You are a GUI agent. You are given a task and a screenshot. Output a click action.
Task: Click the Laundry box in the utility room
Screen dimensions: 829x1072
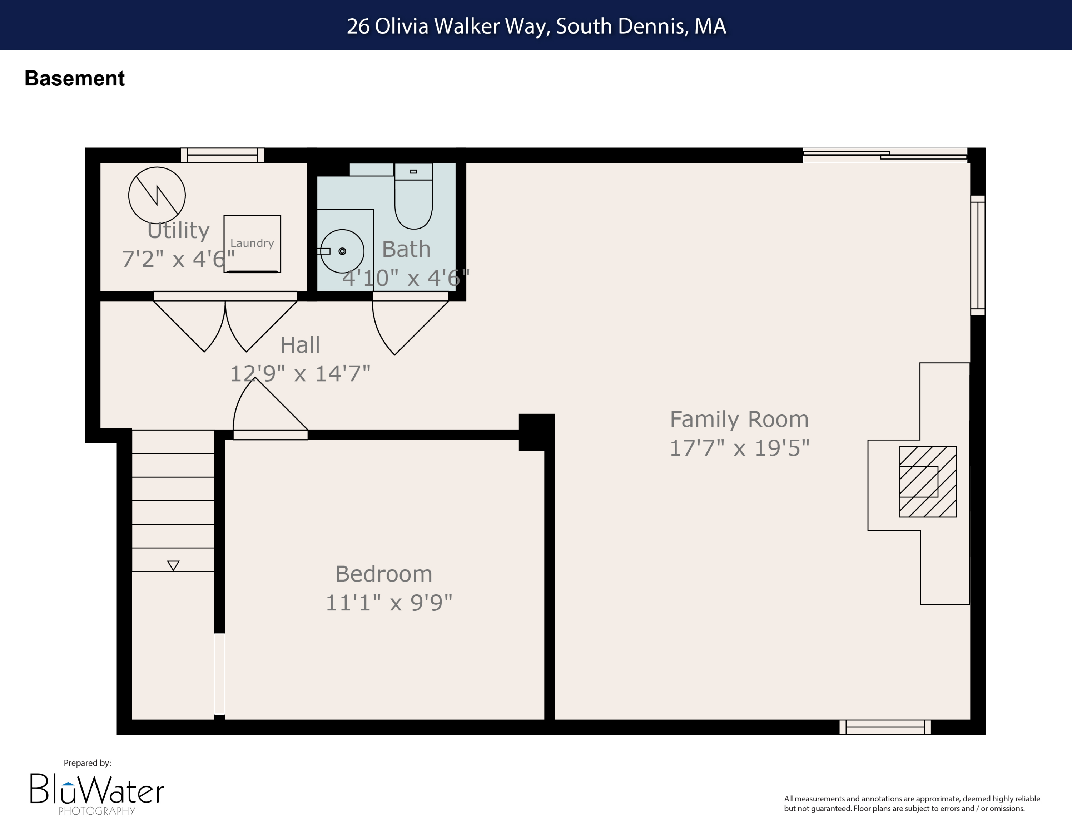(x=252, y=244)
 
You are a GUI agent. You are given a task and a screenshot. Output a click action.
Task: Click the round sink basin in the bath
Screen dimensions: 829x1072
(x=342, y=251)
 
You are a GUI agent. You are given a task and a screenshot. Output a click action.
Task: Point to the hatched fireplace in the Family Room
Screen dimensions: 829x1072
(x=927, y=481)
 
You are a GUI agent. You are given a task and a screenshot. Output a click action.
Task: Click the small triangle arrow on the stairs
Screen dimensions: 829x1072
(x=173, y=565)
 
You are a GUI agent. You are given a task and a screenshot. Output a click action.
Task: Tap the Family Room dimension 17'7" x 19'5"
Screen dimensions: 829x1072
(x=739, y=448)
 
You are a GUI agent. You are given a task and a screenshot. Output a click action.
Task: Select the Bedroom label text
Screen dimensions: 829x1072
(x=383, y=574)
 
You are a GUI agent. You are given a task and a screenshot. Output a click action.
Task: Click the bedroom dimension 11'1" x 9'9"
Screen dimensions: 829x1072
(x=388, y=603)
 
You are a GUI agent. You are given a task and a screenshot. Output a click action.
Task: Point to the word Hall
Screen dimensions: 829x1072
(x=300, y=345)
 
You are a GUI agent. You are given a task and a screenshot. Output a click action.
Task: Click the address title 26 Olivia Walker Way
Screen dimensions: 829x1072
(x=536, y=26)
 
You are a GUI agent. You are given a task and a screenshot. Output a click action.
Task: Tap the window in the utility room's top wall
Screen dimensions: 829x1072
(x=222, y=155)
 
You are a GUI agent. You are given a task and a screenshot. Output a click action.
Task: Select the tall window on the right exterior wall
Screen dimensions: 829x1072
(x=977, y=255)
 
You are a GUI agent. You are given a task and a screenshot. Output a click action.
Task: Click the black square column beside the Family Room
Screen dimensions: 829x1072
(x=536, y=432)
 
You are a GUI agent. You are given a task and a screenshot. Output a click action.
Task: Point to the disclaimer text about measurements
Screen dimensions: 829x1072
(x=912, y=804)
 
